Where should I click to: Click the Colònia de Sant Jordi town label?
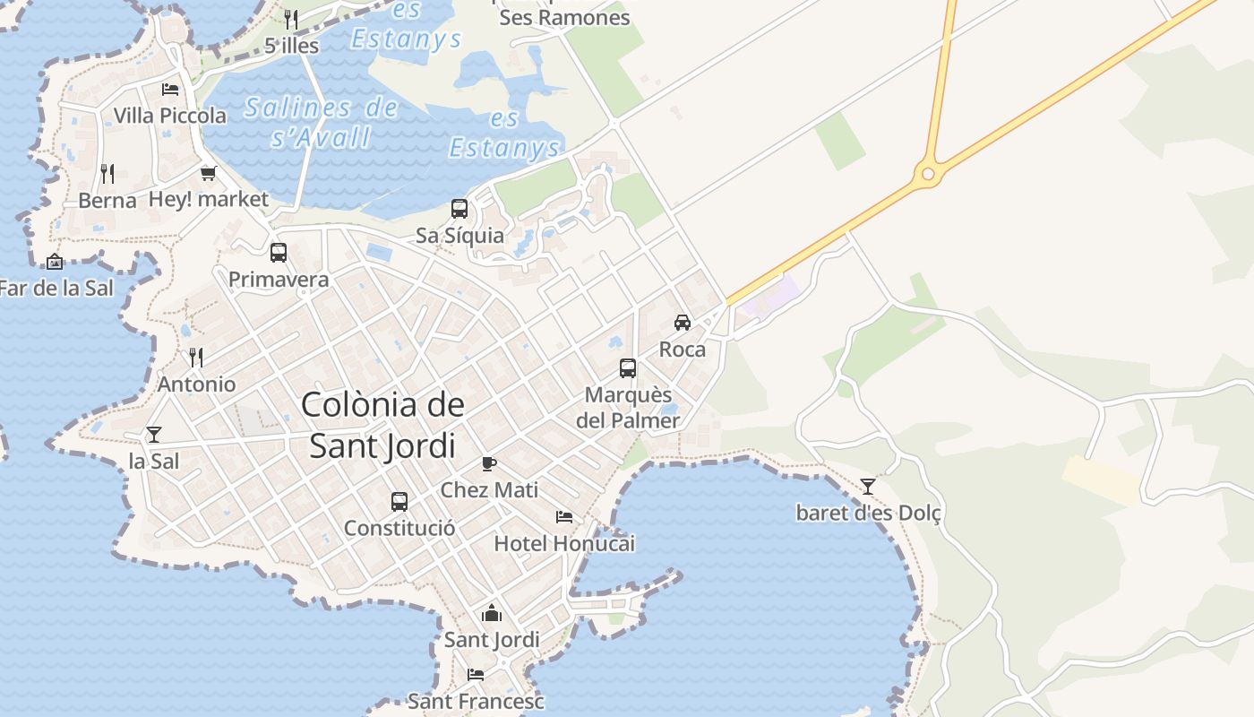[x=382, y=425]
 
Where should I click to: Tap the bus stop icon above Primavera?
[x=279, y=253]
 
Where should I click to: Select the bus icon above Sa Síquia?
[x=460, y=209]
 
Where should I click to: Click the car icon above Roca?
[x=683, y=323]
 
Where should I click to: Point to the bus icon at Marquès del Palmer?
[x=628, y=367]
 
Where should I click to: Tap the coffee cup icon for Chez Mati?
[x=489, y=463]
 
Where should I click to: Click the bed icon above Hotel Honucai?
[x=564, y=516]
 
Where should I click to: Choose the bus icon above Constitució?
[x=399, y=501]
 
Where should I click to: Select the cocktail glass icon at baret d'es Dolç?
[x=868, y=486]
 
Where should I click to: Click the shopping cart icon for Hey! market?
[x=209, y=173]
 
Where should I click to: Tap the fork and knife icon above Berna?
[x=107, y=173]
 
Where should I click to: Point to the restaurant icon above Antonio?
[x=196, y=358]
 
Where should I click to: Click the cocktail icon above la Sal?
[x=154, y=435]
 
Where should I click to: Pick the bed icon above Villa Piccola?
[x=170, y=89]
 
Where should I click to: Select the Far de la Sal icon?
[x=55, y=262]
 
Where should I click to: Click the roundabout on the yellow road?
[x=928, y=173]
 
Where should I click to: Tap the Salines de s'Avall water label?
[x=322, y=123]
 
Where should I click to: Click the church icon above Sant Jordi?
[x=492, y=614]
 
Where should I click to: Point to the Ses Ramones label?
[x=564, y=18]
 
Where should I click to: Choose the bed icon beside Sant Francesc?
[x=476, y=674]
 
